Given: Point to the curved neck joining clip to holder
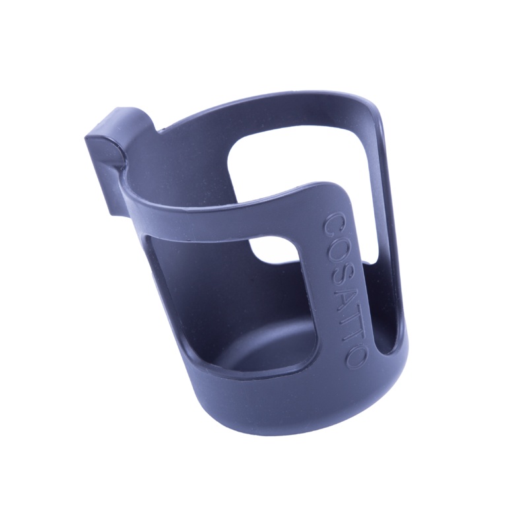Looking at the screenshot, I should [142, 142].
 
